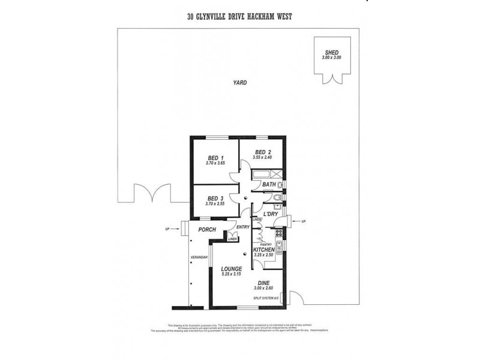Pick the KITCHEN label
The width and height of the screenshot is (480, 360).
[263, 250]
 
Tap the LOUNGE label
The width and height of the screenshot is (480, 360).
[231, 269]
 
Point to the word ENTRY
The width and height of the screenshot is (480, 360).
[243, 227]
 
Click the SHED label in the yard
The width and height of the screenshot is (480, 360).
[331, 52]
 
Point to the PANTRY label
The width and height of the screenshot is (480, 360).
[266, 244]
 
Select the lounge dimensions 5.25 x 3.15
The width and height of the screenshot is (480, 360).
[231, 275]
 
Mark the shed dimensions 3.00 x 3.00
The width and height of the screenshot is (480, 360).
[331, 57]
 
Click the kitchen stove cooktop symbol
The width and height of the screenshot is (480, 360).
[278, 233]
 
